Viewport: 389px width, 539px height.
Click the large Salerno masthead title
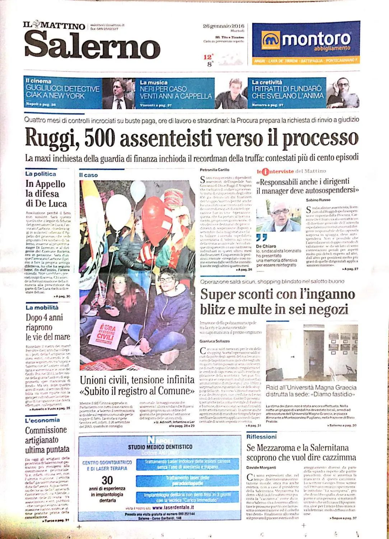click(x=92, y=45)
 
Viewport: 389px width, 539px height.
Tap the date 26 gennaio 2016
click(x=223, y=26)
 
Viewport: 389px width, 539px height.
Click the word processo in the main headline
click(x=320, y=138)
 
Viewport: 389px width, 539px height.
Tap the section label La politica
click(x=41, y=174)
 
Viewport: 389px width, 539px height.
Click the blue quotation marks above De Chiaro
click(x=262, y=238)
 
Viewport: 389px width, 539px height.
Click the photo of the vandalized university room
click(x=312, y=353)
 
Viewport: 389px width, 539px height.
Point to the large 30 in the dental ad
click(x=107, y=480)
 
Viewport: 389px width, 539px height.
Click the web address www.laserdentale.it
click(x=173, y=507)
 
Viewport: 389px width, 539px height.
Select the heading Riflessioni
click(x=261, y=437)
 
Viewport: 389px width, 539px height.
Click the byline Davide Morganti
click(x=261, y=467)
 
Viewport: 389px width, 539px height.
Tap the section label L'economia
click(x=42, y=420)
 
